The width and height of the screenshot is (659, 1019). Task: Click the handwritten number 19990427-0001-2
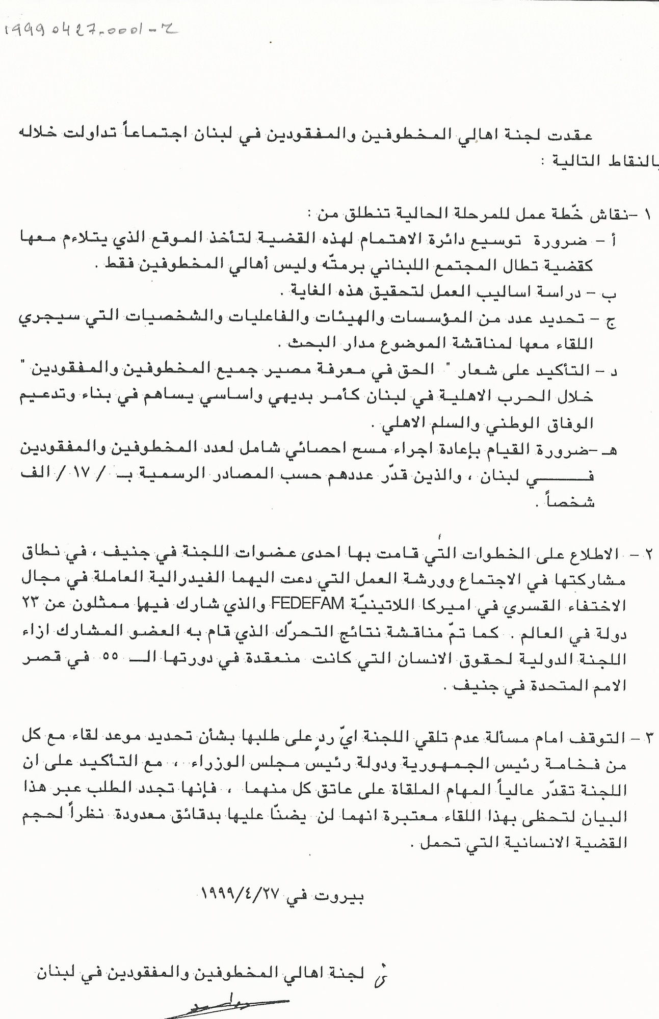(x=92, y=32)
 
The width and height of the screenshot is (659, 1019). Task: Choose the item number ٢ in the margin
(x=646, y=553)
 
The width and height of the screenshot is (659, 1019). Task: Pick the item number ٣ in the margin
(x=646, y=737)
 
